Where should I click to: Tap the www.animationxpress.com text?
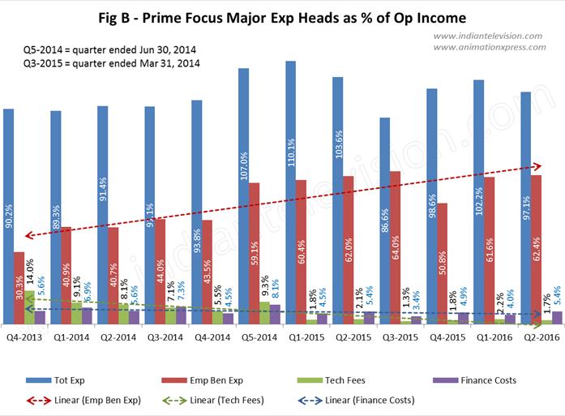click(489, 47)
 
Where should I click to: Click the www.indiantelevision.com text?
click(489, 36)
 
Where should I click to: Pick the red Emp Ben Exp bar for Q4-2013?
click(19, 288)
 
